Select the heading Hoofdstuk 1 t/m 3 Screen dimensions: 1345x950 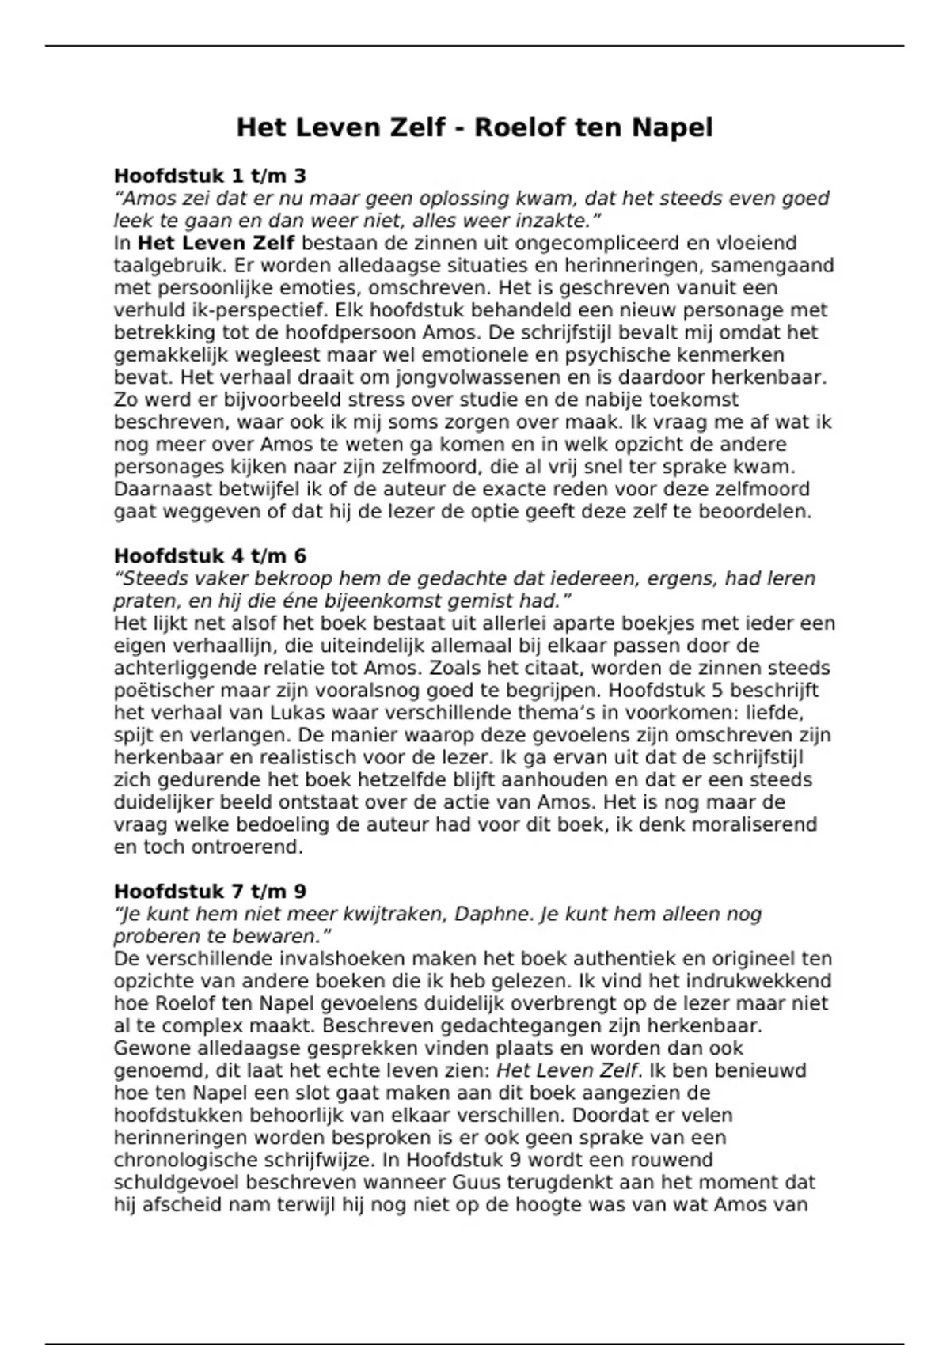click(x=210, y=175)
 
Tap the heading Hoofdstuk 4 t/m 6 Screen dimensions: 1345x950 click(x=210, y=555)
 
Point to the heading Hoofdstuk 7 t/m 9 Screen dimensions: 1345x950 click(x=210, y=891)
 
